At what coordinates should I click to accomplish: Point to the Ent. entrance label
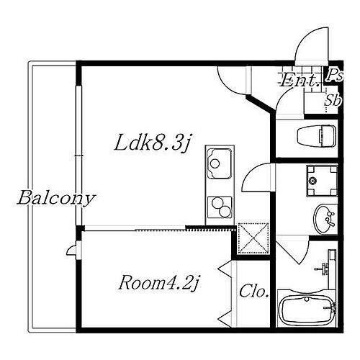click(296, 80)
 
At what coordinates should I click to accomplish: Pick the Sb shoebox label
click(332, 100)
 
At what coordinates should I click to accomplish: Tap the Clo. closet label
click(254, 292)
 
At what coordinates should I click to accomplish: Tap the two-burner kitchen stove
click(219, 207)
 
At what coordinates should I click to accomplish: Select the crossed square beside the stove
click(253, 237)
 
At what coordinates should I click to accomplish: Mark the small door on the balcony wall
click(71, 250)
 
